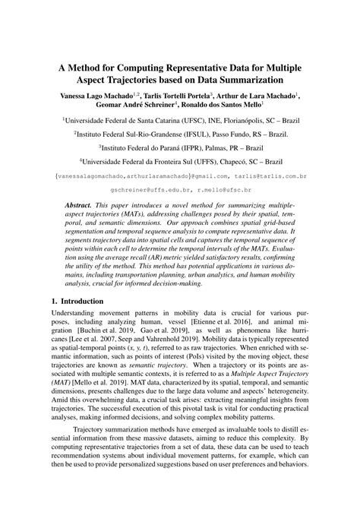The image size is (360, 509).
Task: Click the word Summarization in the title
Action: click(245, 78)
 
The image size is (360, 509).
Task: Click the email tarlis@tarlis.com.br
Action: click(264, 176)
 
